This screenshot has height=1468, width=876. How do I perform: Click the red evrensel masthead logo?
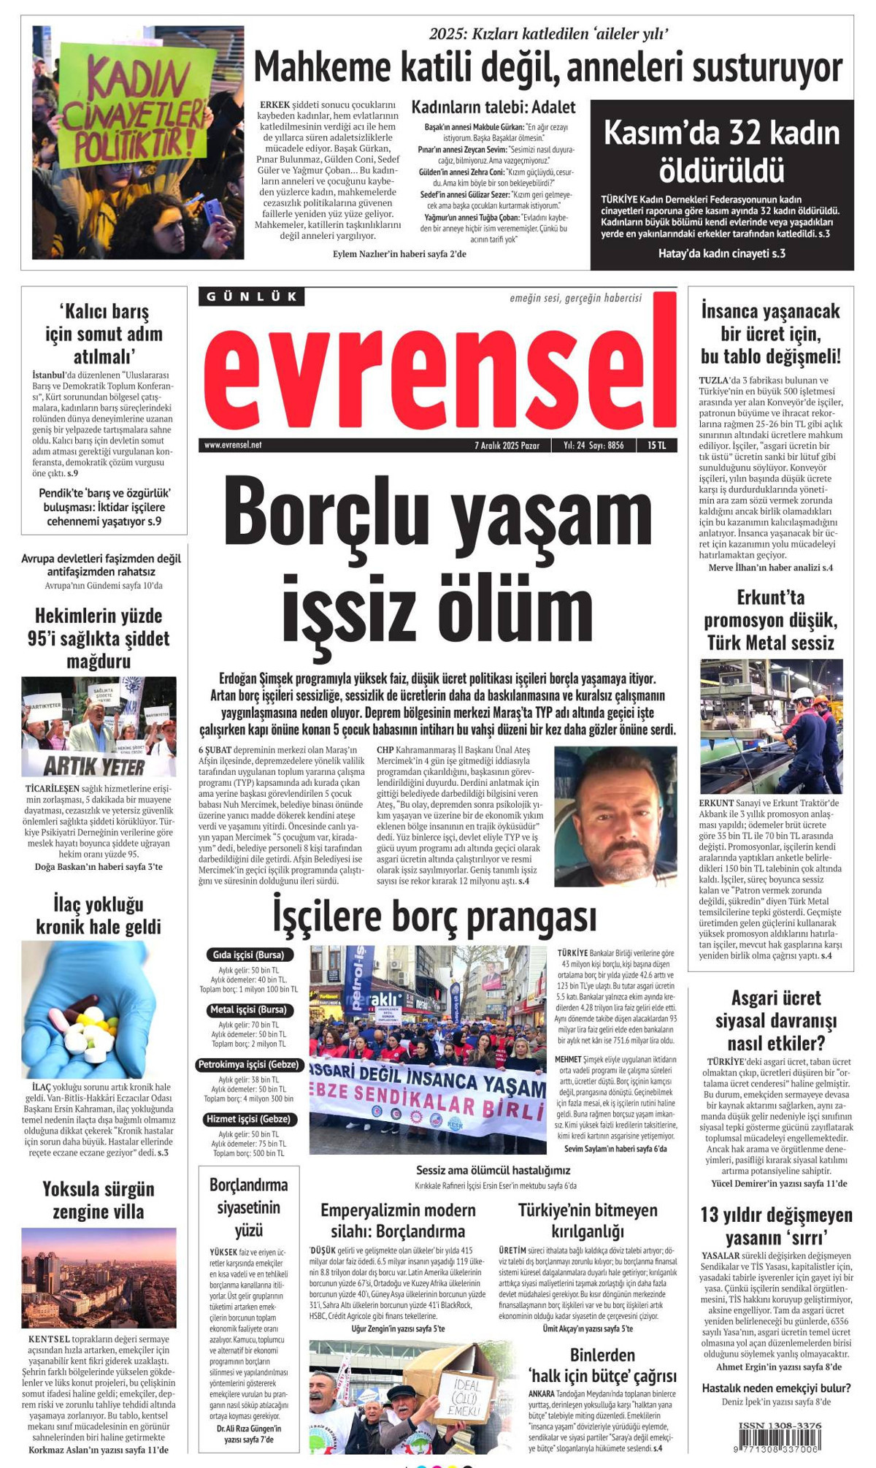(x=438, y=372)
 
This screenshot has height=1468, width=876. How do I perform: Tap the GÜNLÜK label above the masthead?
(x=251, y=297)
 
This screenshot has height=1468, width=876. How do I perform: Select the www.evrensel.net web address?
(x=233, y=445)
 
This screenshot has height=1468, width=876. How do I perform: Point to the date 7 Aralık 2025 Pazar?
(x=507, y=445)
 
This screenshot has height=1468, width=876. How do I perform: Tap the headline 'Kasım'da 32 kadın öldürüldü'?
(x=721, y=152)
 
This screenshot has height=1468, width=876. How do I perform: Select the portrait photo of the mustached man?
(x=615, y=816)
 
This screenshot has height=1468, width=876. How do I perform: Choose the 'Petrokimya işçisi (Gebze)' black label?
(x=248, y=1065)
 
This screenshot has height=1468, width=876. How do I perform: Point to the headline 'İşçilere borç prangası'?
(x=435, y=917)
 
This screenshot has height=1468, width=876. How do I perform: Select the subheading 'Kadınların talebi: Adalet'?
(x=493, y=107)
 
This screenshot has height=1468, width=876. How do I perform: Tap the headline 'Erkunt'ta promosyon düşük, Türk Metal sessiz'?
(x=770, y=620)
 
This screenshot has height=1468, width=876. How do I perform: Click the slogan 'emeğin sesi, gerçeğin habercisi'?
(x=575, y=298)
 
